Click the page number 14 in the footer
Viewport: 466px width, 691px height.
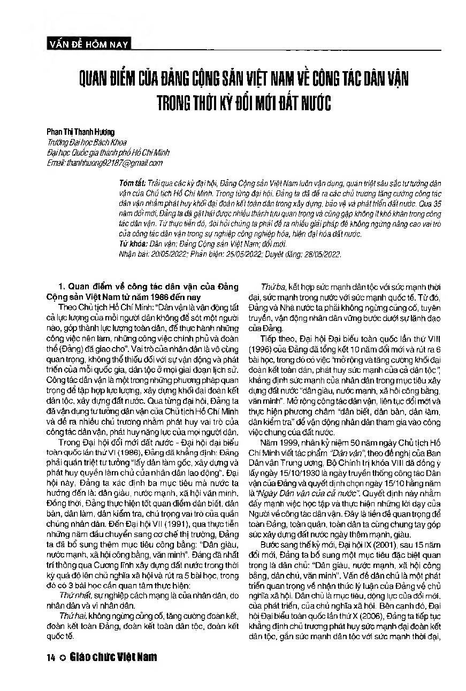[x=51, y=657]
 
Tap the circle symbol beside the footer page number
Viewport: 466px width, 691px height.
[x=63, y=657]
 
